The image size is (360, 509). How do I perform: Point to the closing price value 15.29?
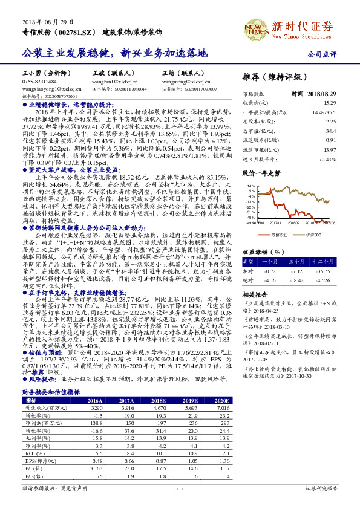pyautogui.click(x=330, y=103)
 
